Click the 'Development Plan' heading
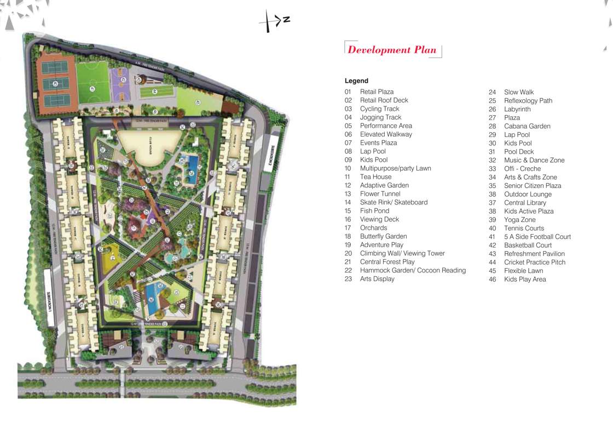392,50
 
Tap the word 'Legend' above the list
356,81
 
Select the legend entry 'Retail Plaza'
377,92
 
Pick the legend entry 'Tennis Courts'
524,228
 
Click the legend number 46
492,279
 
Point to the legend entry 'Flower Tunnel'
380,194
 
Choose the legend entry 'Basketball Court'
528,245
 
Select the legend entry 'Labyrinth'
517,109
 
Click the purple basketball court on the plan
120,84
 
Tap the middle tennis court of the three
56,84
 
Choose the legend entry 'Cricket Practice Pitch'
534,262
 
